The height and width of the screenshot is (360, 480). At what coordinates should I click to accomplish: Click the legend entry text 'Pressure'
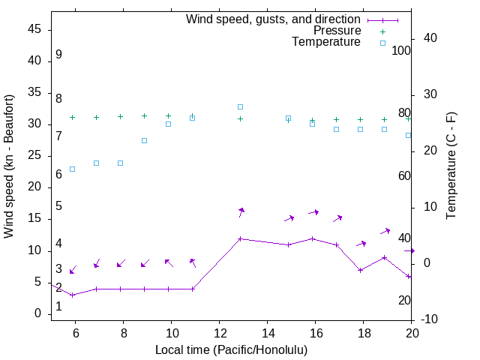tap(337, 31)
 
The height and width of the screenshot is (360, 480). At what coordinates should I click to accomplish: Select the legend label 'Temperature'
tap(326, 42)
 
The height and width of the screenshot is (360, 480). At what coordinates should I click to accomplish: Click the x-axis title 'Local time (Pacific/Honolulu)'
tap(231, 349)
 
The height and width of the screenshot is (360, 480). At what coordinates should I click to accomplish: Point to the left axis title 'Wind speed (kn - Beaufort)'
tap(9, 166)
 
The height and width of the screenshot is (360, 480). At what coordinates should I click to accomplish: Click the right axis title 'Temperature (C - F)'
tap(451, 166)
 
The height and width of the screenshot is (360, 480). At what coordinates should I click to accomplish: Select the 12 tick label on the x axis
tap(219, 333)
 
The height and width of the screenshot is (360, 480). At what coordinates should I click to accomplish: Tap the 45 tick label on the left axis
tap(34, 29)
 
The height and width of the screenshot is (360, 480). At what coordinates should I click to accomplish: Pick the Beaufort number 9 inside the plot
tap(58, 55)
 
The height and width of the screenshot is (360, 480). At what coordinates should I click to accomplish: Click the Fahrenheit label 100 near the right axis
tap(401, 51)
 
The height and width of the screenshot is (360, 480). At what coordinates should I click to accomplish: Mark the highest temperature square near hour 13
tap(240, 106)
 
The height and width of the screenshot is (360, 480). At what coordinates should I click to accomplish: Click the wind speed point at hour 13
tap(240, 238)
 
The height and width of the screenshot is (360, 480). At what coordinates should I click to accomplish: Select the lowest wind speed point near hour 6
tap(72, 295)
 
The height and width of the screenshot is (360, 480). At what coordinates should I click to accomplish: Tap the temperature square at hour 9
tap(144, 140)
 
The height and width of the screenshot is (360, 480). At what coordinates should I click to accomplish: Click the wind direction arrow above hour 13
tap(241, 213)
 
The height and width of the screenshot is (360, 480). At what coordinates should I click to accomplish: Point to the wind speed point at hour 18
tap(360, 270)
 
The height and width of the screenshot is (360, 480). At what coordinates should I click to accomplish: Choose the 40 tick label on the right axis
tap(431, 38)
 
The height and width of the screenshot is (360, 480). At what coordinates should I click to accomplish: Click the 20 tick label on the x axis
tap(412, 333)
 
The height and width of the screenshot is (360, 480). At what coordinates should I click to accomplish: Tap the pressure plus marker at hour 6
tap(72, 117)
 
